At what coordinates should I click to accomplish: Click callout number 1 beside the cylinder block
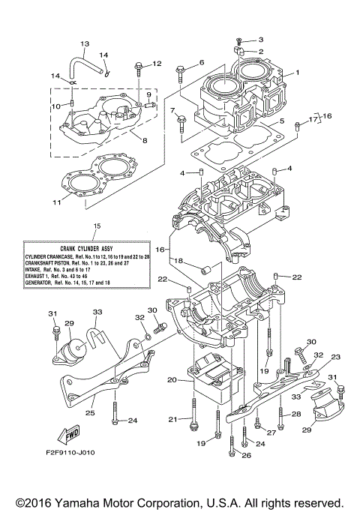297,73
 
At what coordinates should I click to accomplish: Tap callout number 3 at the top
262,39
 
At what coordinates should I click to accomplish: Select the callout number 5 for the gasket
282,121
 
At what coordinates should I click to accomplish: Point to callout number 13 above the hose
84,44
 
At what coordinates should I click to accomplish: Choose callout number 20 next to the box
172,380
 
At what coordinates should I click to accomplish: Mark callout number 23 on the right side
335,357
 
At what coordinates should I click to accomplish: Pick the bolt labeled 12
139,70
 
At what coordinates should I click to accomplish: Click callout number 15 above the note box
96,226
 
